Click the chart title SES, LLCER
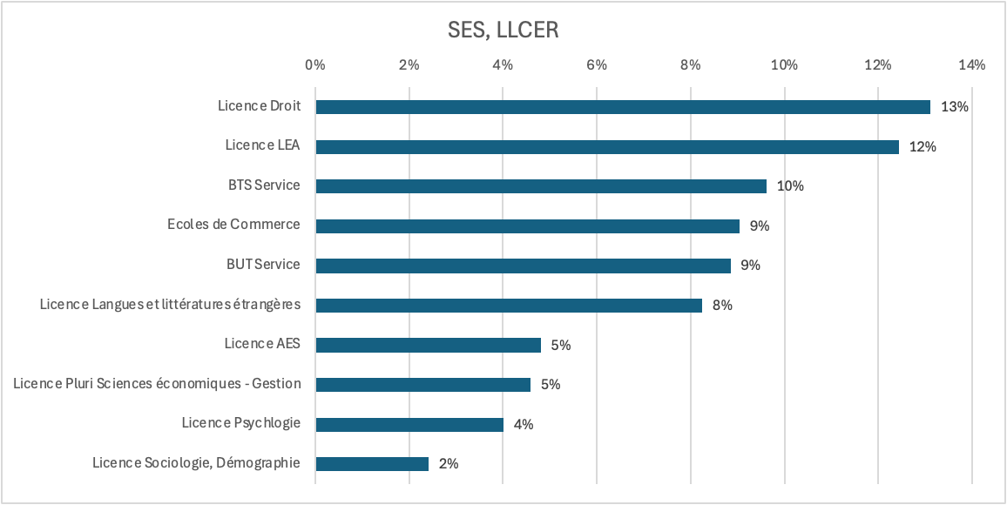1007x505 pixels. coord(503,30)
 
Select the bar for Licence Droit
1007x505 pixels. coord(623,107)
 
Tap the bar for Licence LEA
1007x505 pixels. coord(607,147)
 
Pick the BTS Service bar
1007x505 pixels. coord(541,186)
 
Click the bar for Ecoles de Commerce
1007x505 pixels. coord(527,226)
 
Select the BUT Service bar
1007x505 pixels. coord(523,266)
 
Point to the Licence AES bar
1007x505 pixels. coord(428,345)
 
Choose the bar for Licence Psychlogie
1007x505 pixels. coord(409,425)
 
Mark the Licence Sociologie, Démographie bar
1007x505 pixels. coord(372,464)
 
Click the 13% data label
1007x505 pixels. coord(955,107)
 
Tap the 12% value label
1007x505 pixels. coord(923,147)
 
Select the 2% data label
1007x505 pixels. coord(449,464)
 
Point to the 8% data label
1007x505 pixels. coord(722,306)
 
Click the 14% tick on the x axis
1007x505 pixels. coord(971,64)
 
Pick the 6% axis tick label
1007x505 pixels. coord(597,64)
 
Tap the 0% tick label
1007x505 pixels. coord(314,64)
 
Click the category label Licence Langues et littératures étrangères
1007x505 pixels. coord(171,305)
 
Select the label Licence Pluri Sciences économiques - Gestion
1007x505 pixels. coord(157,384)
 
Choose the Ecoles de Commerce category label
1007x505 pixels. coord(233,225)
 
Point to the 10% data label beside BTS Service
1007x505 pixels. coord(790,186)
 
